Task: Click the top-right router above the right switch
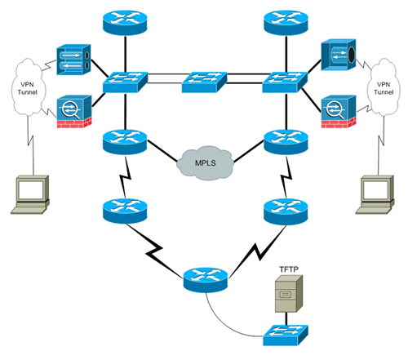(x=286, y=21)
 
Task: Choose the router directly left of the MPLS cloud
(x=123, y=143)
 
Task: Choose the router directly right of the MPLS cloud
(x=285, y=143)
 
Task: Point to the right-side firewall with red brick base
(x=336, y=111)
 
